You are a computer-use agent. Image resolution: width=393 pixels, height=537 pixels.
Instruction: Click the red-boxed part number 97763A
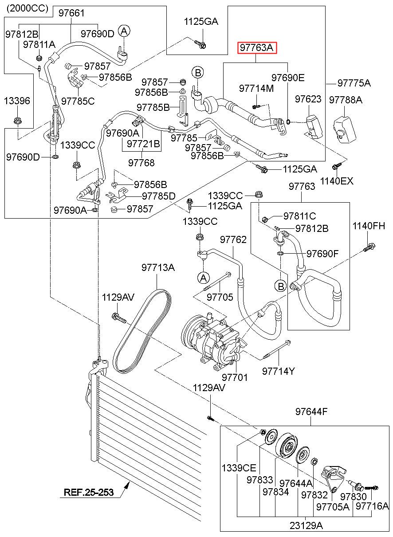tap(257, 48)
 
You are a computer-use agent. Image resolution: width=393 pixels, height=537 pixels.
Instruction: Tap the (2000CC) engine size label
tap(28, 9)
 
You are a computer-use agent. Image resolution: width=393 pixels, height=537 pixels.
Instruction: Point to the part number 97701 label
tap(235, 377)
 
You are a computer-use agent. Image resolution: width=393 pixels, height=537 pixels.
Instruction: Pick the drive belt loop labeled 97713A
tap(142, 331)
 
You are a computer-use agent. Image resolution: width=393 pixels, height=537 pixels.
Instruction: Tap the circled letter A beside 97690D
tap(124, 31)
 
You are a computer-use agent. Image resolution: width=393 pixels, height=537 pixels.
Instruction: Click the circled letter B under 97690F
tap(281, 286)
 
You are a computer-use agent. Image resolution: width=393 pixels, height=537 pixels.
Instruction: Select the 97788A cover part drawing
tap(345, 129)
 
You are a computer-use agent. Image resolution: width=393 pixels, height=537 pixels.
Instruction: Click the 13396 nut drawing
tap(17, 121)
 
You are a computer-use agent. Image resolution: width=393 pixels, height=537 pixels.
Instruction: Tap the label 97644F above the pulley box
tap(311, 412)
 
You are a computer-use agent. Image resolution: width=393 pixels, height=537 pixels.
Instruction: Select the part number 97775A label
tap(354, 83)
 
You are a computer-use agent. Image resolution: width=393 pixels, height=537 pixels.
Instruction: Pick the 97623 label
tap(308, 99)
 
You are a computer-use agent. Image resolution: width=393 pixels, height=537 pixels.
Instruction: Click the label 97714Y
tap(278, 371)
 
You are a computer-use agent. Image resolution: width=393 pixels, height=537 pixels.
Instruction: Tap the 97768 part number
tap(141, 163)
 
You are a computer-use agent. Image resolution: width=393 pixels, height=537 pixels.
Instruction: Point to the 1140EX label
tap(337, 181)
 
